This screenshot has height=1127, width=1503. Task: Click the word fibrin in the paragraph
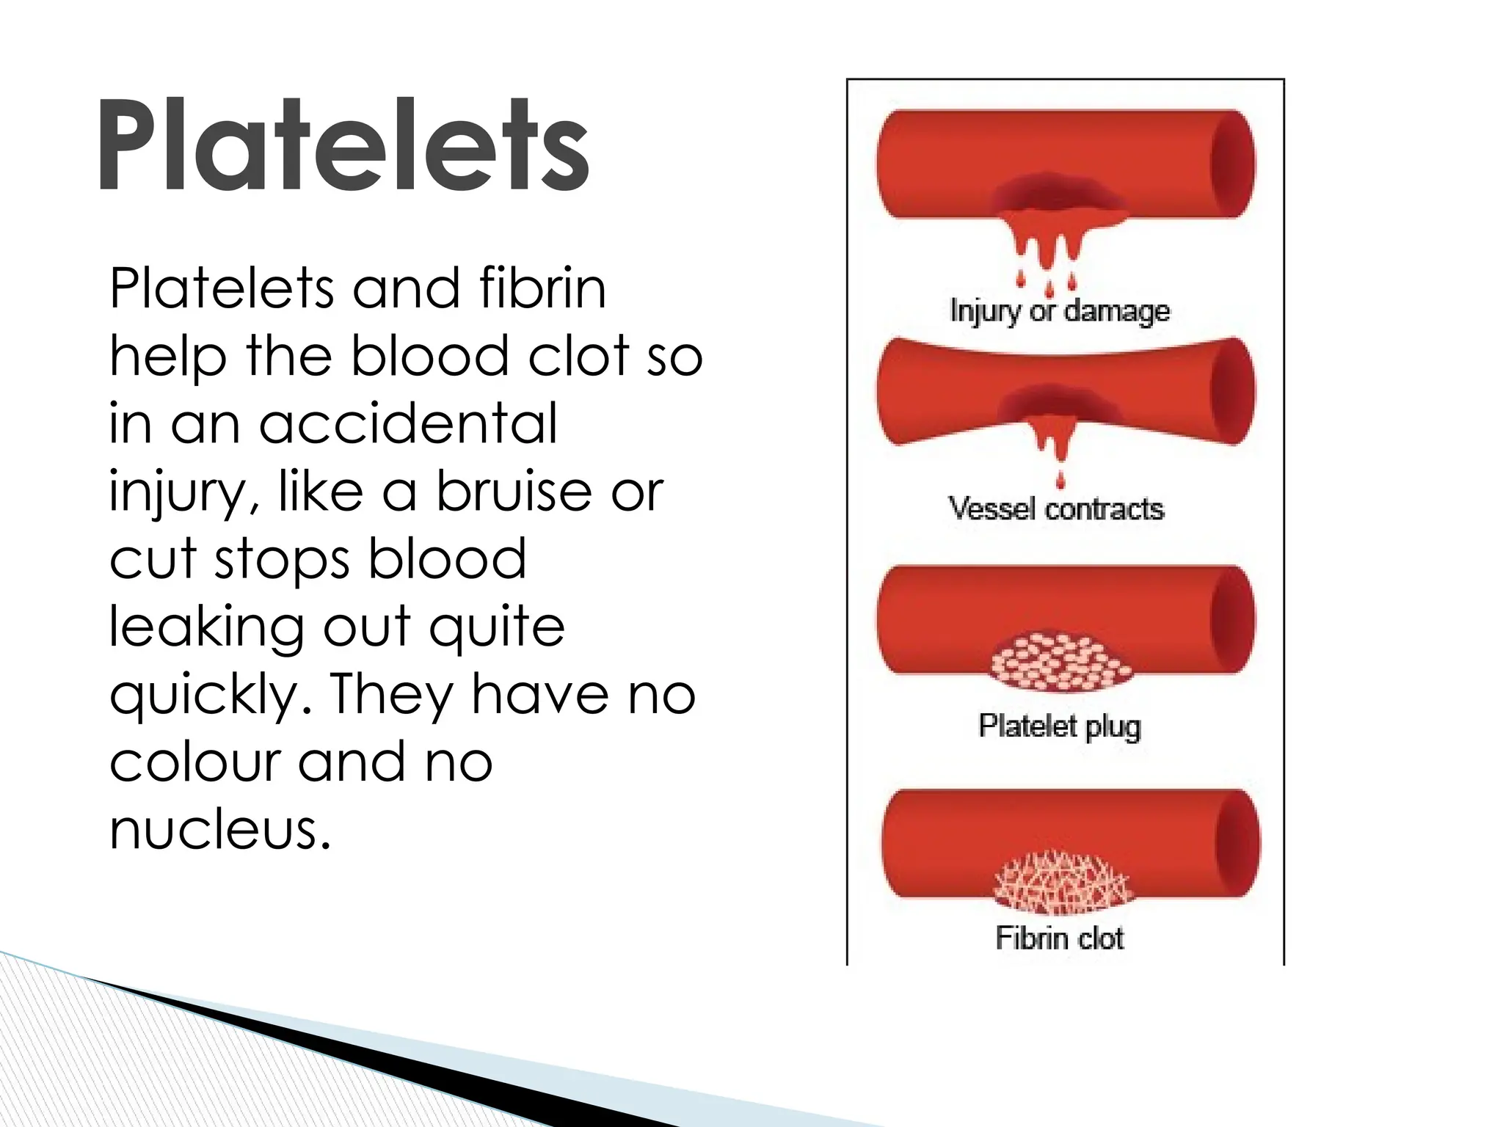[542, 288]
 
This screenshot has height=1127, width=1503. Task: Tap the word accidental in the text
[408, 423]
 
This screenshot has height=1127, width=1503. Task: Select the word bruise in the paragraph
[514, 491]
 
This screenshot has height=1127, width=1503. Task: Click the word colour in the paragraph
[195, 762]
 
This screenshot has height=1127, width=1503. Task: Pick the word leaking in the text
[206, 627]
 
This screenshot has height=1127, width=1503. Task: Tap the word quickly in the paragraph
[210, 695]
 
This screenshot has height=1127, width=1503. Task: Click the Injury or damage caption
[1059, 311]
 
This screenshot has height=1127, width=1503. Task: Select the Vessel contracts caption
[1056, 508]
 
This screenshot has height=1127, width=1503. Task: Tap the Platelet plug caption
[1060, 726]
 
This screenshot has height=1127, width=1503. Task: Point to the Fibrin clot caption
[1060, 938]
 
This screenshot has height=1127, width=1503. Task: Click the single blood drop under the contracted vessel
[1060, 481]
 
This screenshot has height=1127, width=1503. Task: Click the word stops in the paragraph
[282, 560]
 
